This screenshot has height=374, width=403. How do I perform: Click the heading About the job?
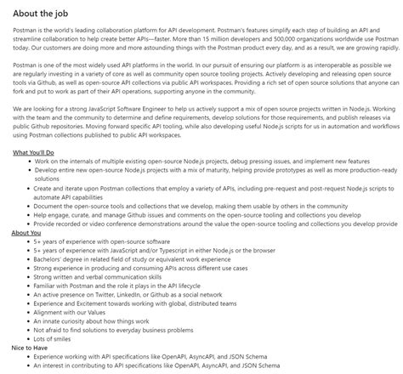pyautogui.click(x=50, y=11)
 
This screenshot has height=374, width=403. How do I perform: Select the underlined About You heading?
pyautogui.click(x=26, y=232)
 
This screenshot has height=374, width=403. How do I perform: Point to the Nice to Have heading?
pyautogui.click(x=31, y=348)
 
